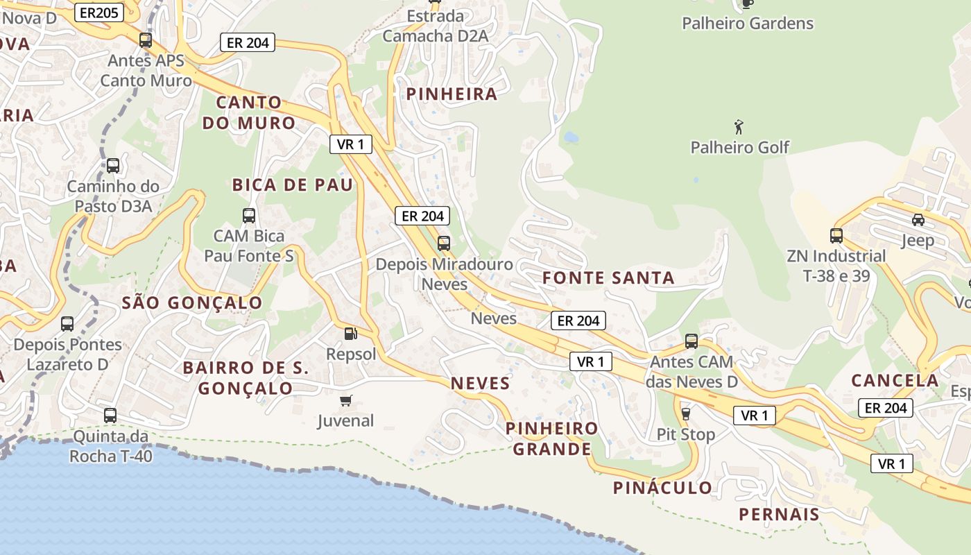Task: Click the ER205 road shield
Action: (98, 12)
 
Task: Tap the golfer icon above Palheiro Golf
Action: (739, 128)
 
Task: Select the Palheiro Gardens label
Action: (747, 23)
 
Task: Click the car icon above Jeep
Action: (918, 220)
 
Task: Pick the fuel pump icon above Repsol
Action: (351, 334)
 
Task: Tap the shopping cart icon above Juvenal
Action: (345, 400)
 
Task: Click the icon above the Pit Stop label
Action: (685, 413)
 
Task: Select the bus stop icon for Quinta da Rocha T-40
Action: (110, 416)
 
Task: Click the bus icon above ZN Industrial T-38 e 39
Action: (836, 235)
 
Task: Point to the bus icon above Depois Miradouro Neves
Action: (443, 244)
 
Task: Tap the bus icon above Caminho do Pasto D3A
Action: (112, 166)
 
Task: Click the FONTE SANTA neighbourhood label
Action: (608, 278)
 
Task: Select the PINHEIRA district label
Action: (452, 94)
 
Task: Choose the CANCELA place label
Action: (895, 380)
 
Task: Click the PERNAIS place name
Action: (779, 514)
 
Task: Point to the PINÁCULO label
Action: (662, 488)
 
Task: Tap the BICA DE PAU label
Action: (293, 185)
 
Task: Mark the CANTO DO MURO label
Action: (249, 112)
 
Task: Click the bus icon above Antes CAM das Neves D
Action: (691, 341)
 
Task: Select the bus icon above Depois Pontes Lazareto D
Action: (67, 324)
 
